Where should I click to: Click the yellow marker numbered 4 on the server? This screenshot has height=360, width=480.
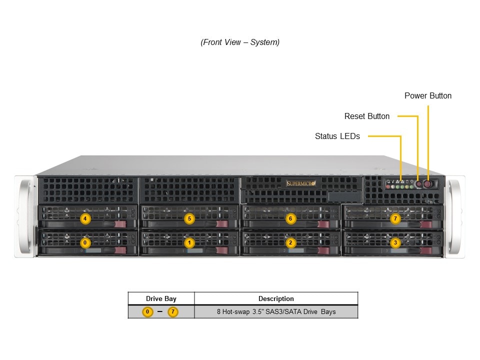[85, 218]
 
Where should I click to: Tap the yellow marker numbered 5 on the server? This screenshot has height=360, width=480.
[189, 218]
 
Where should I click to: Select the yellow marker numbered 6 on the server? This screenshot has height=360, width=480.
[290, 218]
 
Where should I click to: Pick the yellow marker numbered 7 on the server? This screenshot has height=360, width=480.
[395, 218]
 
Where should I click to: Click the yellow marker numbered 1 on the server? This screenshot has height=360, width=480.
[189, 243]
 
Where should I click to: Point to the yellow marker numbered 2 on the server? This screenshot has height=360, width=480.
[290, 243]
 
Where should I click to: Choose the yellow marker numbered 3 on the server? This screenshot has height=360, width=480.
[395, 243]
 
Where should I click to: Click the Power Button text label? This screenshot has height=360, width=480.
[427, 96]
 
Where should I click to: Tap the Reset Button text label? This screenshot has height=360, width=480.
[367, 116]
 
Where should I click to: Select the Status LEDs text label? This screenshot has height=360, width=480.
[337, 136]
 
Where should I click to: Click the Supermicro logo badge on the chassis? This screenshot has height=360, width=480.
[301, 183]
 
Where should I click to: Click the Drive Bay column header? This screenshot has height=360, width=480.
[161, 298]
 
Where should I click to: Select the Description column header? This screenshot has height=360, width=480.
[276, 298]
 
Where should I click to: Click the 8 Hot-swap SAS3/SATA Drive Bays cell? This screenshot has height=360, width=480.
[276, 312]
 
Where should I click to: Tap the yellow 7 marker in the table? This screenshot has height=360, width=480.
[172, 312]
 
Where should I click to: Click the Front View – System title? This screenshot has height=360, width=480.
[240, 42]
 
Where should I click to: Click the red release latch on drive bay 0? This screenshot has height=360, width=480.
[120, 250]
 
